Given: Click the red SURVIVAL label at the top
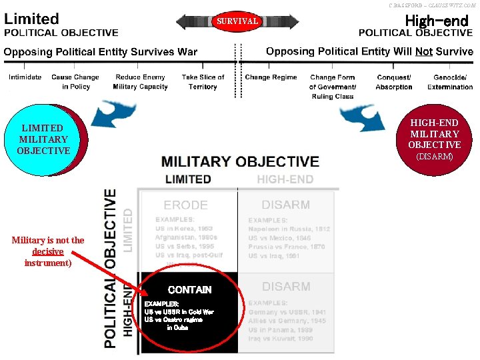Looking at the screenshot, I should pos(237,21).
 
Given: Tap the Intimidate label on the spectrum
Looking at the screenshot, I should pos(25,77).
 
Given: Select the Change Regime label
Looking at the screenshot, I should pos(271,77).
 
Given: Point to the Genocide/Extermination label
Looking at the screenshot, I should pos(450,82).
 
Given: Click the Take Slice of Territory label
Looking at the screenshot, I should pos(203,82).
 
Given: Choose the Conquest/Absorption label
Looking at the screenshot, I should pos(393,82).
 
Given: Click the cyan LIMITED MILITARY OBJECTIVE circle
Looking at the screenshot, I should pos(44,139).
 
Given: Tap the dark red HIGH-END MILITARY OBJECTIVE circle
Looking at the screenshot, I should pos(434,139).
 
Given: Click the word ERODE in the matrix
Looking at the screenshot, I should pos(185,205).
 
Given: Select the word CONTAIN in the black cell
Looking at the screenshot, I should pos(189,290).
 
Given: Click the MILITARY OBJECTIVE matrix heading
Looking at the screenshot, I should pos(240,161).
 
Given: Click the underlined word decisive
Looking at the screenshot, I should pos(47,251).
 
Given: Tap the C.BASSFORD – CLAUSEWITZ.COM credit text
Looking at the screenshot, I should pos(432,5).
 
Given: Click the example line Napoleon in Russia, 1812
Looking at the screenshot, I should pos(289,229).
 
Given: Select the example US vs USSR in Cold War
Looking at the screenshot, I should pos(179,311).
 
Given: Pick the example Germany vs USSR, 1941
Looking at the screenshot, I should pos(287,311).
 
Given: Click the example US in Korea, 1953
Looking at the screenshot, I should pos(184,229).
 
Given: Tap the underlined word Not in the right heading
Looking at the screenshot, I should pos(423,51).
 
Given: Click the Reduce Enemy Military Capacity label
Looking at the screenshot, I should pos(140,82).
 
